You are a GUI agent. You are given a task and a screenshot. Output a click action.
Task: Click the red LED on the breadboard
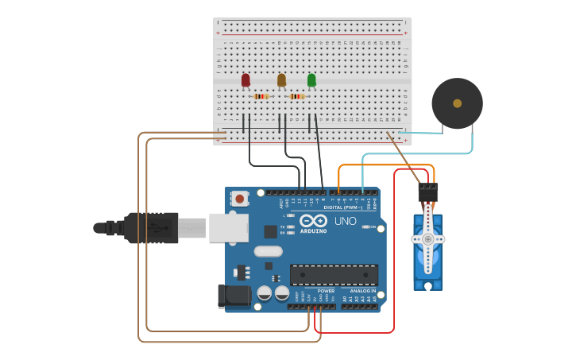(x=245, y=79)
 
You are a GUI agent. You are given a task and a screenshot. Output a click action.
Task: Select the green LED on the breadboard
(x=311, y=79)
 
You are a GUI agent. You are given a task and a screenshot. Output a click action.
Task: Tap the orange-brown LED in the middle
(x=281, y=79)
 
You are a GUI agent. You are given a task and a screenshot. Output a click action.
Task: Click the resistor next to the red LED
(x=261, y=96)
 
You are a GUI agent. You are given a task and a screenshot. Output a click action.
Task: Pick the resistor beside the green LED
(x=297, y=96)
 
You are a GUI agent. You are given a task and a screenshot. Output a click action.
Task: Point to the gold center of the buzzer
(x=457, y=103)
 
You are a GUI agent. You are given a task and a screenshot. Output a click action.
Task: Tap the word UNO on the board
(x=345, y=221)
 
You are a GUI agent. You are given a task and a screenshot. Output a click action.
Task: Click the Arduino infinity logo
(x=313, y=220)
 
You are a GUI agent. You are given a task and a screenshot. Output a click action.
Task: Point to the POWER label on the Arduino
(x=326, y=291)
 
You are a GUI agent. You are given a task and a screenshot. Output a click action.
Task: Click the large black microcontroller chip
(x=334, y=275)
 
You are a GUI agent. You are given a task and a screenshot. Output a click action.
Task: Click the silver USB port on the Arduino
(x=228, y=227)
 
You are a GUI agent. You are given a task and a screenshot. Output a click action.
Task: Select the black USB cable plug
(x=151, y=227)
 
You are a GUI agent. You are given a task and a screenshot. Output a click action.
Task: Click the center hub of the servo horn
(x=427, y=238)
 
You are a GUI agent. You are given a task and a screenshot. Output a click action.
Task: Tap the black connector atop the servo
(x=427, y=192)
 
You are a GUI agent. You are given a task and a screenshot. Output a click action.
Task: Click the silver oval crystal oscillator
(x=268, y=251)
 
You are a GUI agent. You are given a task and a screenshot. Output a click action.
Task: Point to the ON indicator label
(x=372, y=227)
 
